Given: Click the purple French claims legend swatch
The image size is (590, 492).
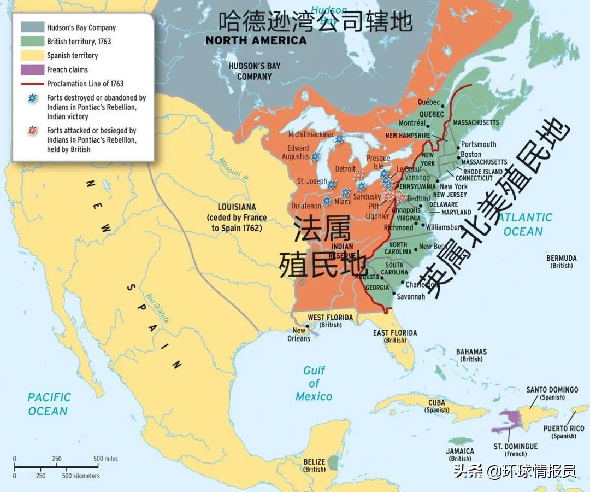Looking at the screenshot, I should coord(32,69).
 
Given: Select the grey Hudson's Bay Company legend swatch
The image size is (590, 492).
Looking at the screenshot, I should coord(32,27).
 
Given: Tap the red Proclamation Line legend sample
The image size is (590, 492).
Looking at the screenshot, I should coord(32,84).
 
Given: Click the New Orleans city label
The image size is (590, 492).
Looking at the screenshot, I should coord(299,334).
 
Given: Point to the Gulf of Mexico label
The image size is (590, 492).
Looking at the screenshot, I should coord(314,383).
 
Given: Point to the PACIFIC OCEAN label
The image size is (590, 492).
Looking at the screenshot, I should coord(49,404).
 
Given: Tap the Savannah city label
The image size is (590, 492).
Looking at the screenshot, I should coord(411,296).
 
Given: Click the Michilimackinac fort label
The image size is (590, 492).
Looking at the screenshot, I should coord(312,134).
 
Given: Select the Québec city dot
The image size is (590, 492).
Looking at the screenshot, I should coord(442,106).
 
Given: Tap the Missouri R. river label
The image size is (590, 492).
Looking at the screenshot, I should coord(233,170).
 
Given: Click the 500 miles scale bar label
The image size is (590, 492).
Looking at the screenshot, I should coord(105,459).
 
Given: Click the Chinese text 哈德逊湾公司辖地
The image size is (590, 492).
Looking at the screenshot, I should coord(315,22).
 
